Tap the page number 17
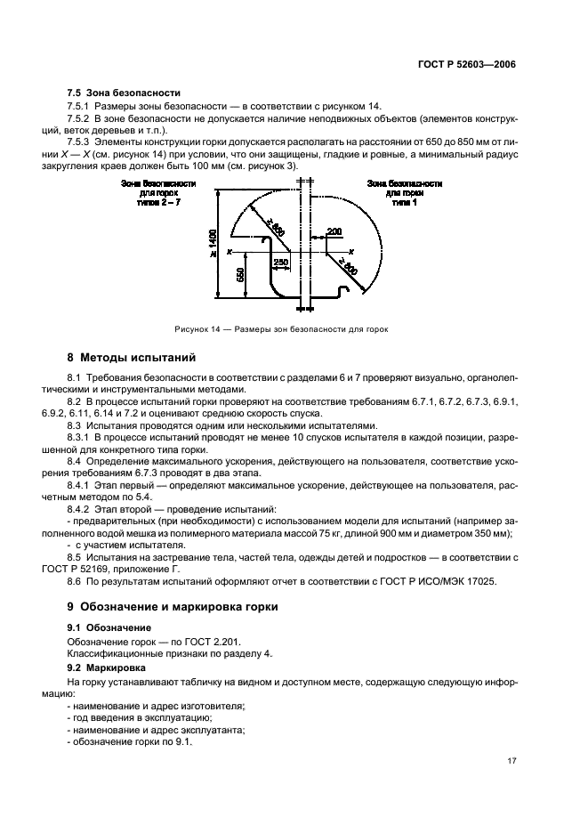(x=510, y=761)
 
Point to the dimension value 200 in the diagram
(x=334, y=231)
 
